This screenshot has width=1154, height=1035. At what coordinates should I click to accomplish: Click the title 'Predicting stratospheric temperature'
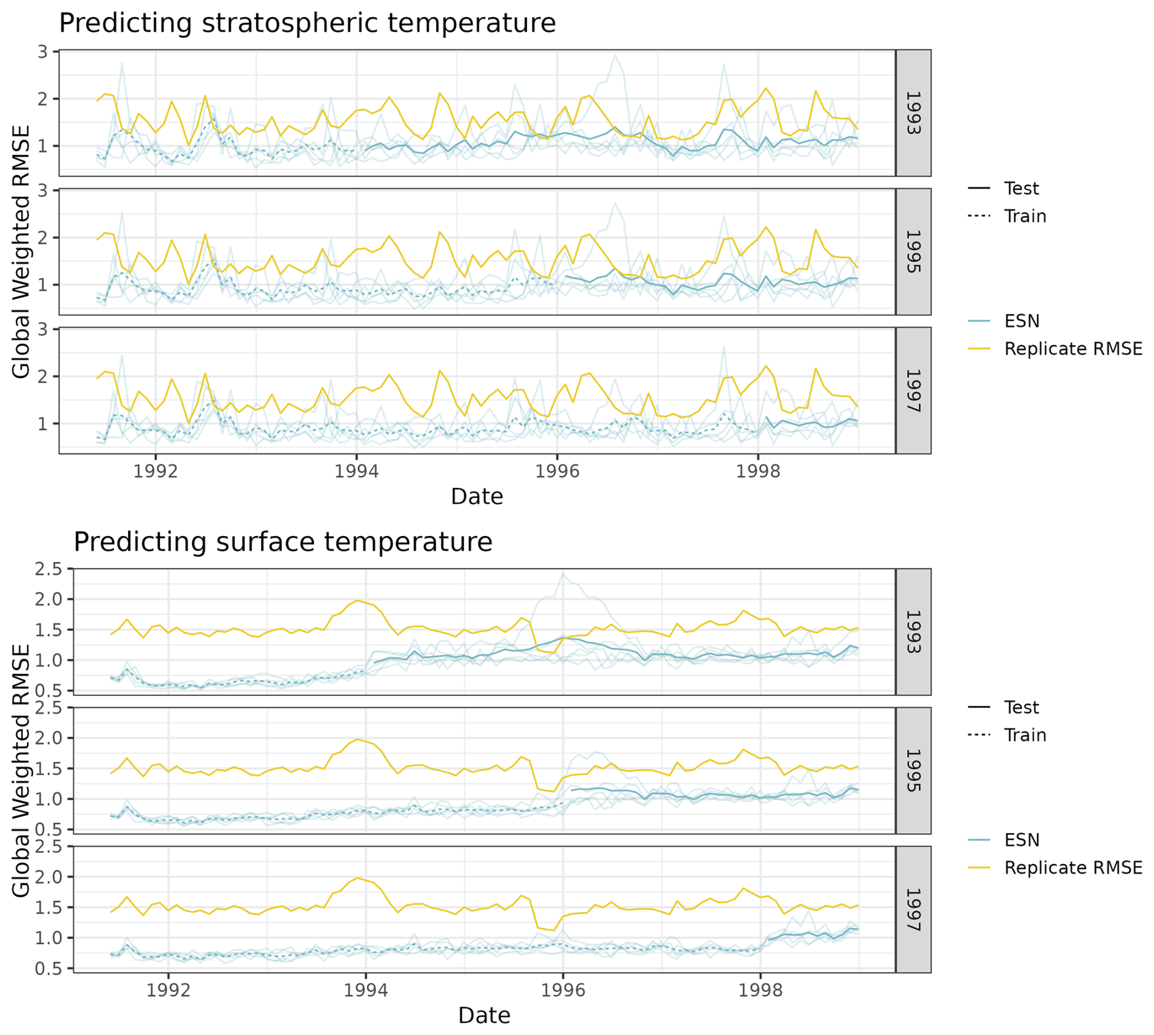[307, 23]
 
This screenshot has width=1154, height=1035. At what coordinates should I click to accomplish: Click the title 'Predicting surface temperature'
[282, 542]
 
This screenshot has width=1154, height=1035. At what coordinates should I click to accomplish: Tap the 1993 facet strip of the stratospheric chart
[912, 113]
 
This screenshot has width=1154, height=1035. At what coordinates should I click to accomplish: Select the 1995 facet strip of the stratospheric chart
[912, 251]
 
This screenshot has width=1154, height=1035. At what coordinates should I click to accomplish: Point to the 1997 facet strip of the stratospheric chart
[912, 390]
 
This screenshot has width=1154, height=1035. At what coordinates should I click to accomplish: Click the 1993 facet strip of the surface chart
[912, 632]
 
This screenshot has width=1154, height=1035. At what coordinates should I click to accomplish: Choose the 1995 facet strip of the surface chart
[912, 770]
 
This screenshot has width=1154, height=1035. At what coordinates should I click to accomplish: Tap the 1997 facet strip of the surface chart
[912, 909]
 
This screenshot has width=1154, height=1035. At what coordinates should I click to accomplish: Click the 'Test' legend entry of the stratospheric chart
[1021, 188]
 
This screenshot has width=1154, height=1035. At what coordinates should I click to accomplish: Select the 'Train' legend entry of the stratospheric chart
[1025, 217]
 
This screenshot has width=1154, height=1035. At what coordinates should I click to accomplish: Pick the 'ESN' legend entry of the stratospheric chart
[1022, 321]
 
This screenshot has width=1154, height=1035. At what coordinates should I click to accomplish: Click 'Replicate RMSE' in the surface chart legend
[1073, 867]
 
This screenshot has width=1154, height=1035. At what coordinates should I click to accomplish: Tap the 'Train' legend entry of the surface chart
[1025, 735]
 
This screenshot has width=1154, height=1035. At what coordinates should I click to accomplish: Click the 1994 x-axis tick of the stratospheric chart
[356, 471]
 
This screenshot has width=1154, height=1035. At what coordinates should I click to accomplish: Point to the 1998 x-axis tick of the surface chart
[760, 990]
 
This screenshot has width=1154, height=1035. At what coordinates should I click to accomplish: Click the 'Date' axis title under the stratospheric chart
[476, 496]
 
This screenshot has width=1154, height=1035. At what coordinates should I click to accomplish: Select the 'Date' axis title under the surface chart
[484, 1015]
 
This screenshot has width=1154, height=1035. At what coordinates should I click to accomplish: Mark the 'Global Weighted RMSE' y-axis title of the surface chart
[21, 770]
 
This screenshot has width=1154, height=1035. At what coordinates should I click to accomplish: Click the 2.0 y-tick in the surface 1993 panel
[48, 599]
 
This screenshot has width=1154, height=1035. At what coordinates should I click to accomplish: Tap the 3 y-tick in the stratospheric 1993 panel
[42, 52]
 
